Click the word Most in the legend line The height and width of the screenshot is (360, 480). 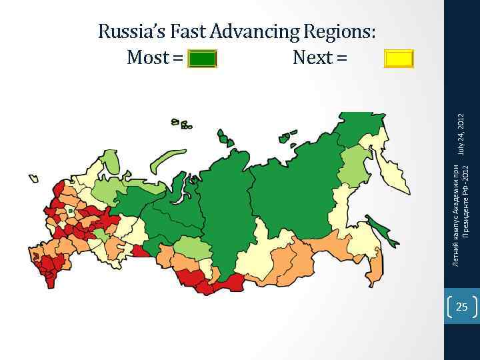pos(148,59)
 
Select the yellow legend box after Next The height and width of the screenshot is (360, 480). pos(399,59)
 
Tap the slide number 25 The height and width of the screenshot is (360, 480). pos(461,307)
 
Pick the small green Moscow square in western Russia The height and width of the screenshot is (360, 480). pos(70,211)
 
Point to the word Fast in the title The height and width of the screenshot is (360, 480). pos(189,31)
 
